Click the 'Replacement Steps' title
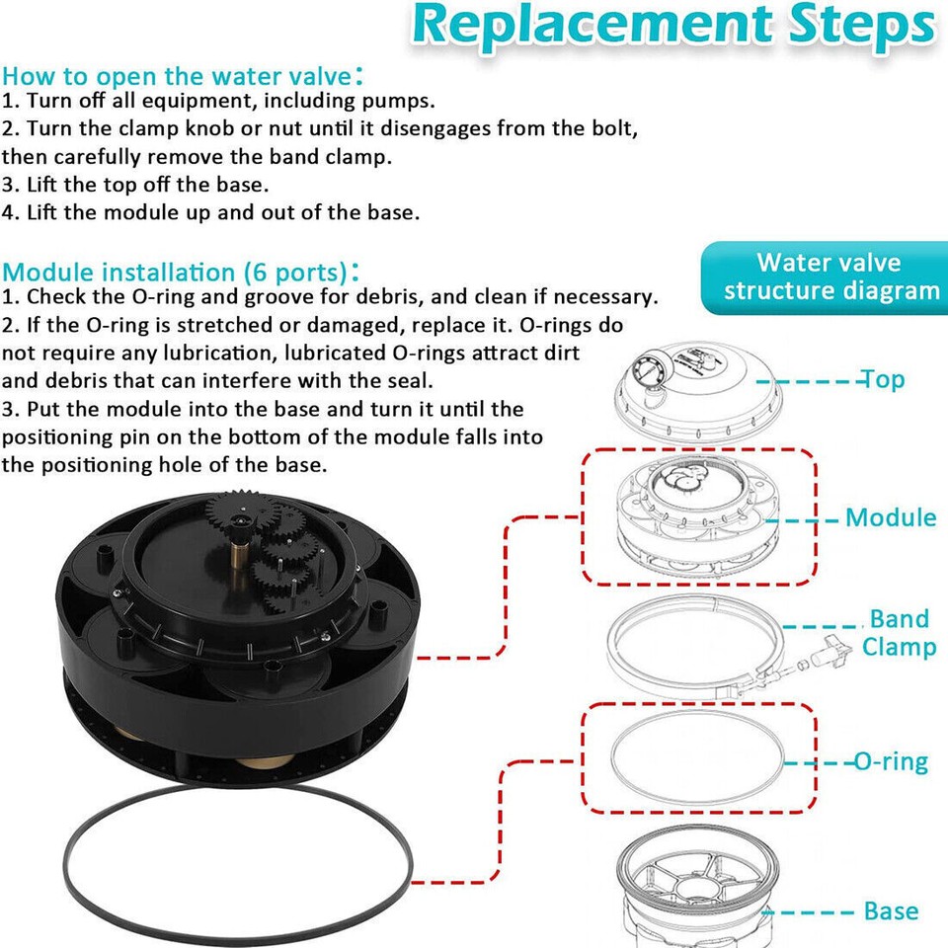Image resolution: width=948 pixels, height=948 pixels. pos(671,28)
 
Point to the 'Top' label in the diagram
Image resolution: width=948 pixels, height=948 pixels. pos(883,380)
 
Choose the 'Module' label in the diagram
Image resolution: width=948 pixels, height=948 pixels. pos(890,517)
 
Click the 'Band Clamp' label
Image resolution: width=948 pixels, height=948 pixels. pos(898,633)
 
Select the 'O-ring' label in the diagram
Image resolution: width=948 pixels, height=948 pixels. pos(890,761)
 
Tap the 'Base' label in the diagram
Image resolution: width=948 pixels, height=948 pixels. pos(890,910)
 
